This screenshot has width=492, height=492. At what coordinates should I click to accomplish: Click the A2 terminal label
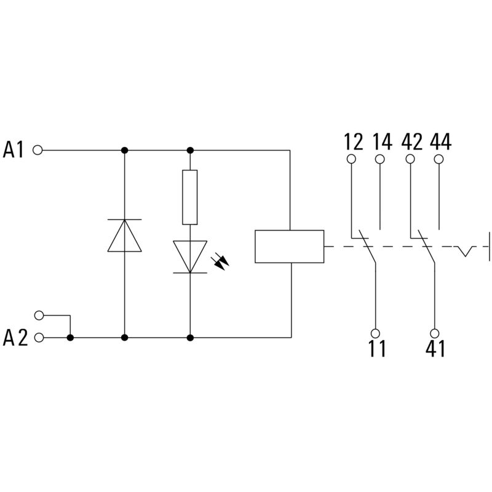pos(15,338)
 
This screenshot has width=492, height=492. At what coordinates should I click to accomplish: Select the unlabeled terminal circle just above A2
pos(40,315)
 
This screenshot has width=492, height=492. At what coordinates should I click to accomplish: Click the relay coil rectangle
pos(289,246)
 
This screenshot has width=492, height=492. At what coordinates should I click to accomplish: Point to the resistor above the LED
pos(190,197)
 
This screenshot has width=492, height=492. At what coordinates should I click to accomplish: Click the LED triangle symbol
pos(190,256)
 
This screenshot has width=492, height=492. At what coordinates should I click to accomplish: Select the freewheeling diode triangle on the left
pos(125,236)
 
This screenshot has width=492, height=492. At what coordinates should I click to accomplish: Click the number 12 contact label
pos(354,142)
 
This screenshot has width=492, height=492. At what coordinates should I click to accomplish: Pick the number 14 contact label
pos(382,142)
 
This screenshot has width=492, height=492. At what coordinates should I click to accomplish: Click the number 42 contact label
pos(411,142)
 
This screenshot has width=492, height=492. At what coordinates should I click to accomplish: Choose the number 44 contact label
pos(440,142)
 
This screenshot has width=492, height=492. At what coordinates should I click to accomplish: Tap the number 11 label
pos(377,349)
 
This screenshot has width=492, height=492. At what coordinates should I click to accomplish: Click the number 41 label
pos(435,349)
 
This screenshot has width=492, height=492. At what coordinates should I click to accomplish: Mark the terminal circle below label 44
pos(439,159)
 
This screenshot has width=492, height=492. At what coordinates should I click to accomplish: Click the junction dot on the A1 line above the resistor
pos(190,149)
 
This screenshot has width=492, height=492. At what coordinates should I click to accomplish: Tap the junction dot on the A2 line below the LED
pos(190,338)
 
